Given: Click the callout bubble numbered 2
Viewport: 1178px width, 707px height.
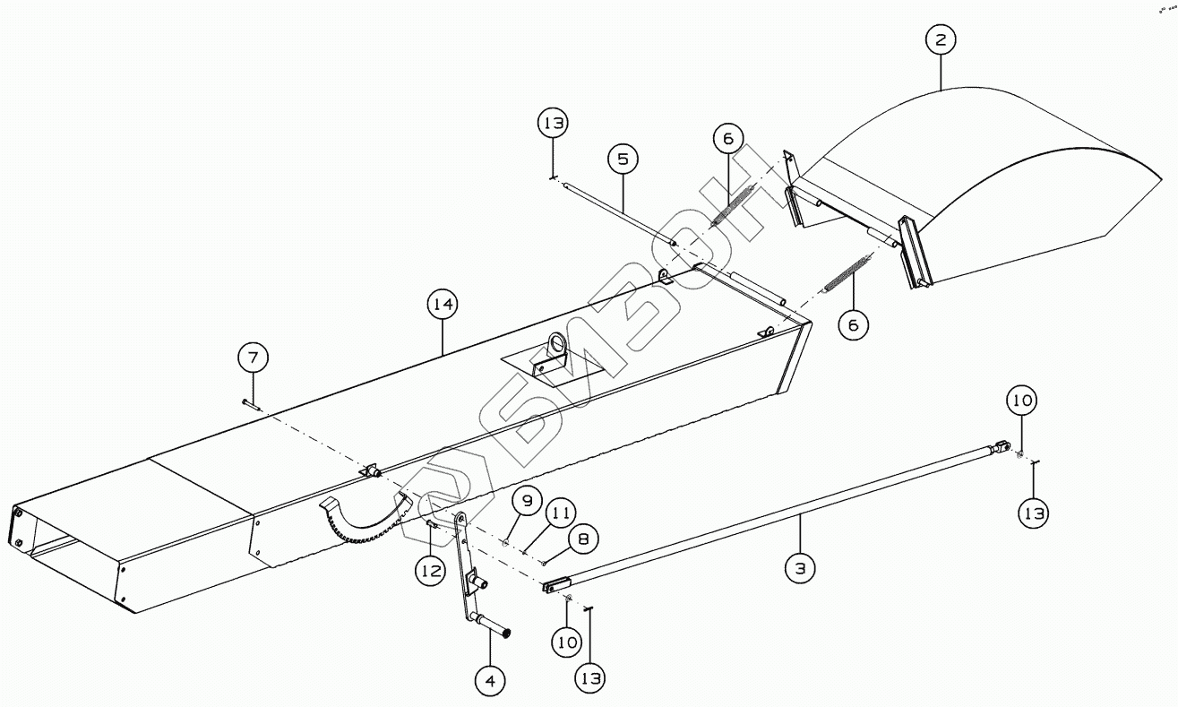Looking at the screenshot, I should point(941,40).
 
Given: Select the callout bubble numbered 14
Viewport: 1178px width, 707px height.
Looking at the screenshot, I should point(442,306).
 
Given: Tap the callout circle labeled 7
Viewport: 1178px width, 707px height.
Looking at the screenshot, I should point(253,358).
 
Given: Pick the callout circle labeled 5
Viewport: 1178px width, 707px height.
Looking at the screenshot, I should point(623,160).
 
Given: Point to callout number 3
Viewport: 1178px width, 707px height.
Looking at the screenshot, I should point(801,567).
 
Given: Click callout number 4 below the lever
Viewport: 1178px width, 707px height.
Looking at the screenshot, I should point(490,681).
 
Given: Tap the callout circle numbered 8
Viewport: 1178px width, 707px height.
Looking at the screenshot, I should point(583,540).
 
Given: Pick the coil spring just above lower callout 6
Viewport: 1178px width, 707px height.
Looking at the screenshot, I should point(847,272).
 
